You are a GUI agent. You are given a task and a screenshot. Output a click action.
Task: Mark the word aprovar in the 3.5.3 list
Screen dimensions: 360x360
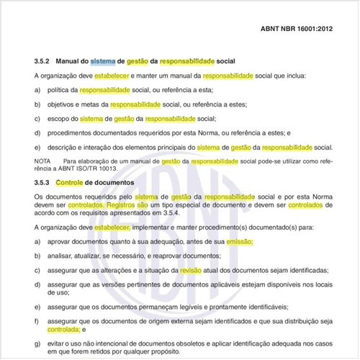click(63, 243)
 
